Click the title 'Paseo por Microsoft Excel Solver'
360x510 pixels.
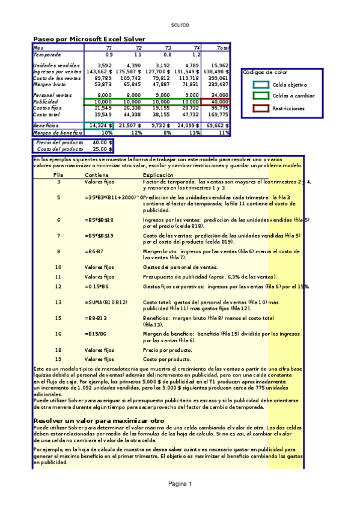pos(89,39)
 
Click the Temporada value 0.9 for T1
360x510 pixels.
pos(109,55)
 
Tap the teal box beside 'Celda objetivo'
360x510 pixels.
pos(261,85)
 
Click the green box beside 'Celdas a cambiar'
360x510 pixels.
pos(261,96)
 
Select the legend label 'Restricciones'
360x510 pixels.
pos(288,109)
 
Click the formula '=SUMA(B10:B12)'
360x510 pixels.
pos(106,303)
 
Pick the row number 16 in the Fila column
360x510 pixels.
pos(58,333)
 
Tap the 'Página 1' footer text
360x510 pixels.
pos(180,484)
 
